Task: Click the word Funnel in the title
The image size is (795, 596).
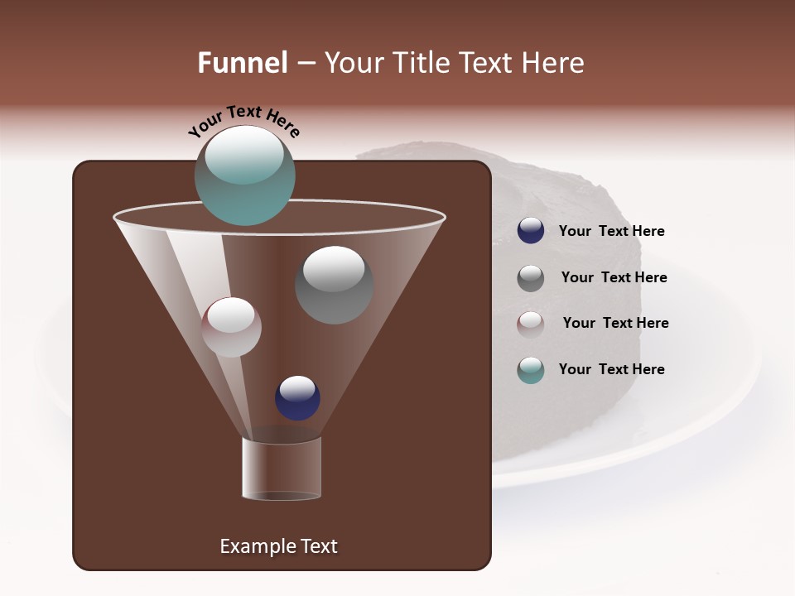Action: pos(243,63)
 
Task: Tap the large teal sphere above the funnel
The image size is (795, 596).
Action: pos(245,175)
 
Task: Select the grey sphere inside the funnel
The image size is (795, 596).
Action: pos(334,285)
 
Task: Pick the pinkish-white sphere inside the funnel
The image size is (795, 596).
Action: pos(232,327)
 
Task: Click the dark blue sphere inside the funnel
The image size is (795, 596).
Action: pos(297,398)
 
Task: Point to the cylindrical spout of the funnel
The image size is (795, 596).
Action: pos(281,469)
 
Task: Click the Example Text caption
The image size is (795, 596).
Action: pos(278,546)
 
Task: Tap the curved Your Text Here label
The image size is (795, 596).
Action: pos(243,122)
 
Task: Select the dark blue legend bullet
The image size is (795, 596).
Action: pos(531,231)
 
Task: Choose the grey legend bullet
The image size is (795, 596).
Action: pos(531,277)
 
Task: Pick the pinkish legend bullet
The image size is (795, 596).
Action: pos(531,324)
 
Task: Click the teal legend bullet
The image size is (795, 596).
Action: pos(531,369)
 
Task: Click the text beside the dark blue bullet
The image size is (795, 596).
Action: pos(611,232)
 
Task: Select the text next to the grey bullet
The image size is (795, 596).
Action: pos(614,278)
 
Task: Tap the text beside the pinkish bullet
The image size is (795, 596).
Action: pos(615,324)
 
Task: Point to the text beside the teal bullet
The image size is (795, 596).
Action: pos(611,369)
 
